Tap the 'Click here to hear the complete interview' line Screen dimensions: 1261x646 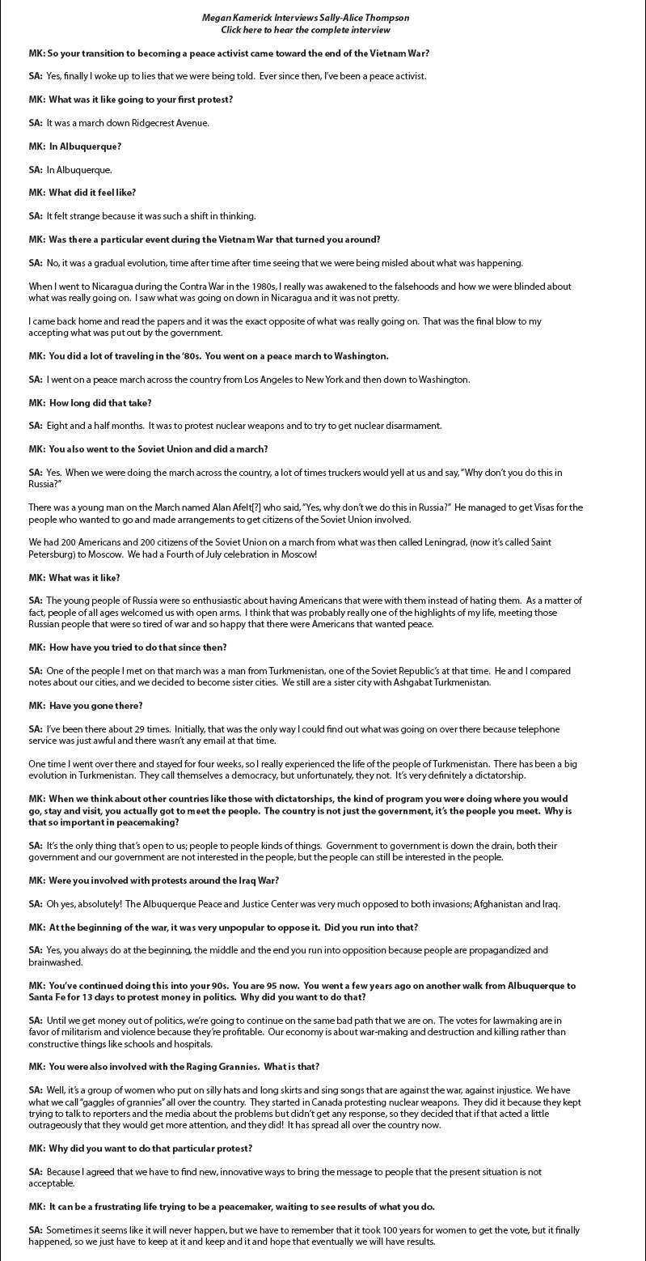306,30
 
